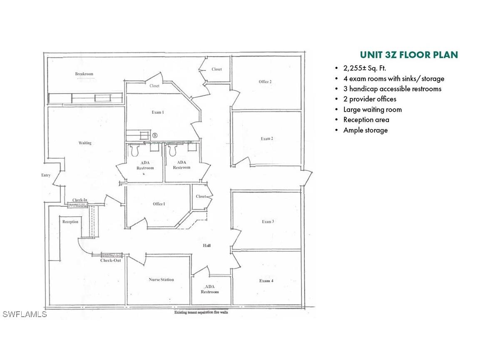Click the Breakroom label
point(84,74)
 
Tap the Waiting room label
point(85,143)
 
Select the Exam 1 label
point(157,112)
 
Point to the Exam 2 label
point(266,139)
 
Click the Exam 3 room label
point(268,222)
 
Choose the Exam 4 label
point(266,281)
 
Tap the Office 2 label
point(265,82)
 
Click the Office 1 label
point(159,204)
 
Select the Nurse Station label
point(162,280)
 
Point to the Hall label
point(207,245)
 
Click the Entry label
point(46,175)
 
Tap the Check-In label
point(80,200)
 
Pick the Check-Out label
point(111,260)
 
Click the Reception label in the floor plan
point(70,222)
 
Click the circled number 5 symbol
point(155,135)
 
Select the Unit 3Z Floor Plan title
point(409,55)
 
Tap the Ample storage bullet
point(365,130)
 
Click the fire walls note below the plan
point(201,311)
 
